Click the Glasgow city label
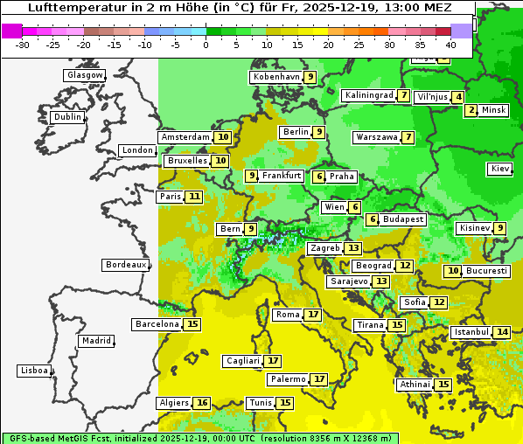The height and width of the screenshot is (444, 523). click(x=85, y=75)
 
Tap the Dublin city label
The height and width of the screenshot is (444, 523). click(x=67, y=117)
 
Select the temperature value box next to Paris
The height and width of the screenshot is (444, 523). click(x=193, y=197)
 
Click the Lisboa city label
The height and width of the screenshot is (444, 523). click(x=34, y=371)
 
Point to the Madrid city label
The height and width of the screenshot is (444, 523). click(x=95, y=341)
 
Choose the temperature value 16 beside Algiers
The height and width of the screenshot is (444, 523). click(x=203, y=403)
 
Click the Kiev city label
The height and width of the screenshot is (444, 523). click(x=500, y=169)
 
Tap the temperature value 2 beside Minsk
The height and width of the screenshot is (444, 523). click(x=471, y=110)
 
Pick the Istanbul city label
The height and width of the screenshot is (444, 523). click(x=471, y=332)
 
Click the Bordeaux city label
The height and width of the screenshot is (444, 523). click(x=126, y=265)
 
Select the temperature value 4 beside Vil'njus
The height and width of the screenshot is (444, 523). click(x=458, y=96)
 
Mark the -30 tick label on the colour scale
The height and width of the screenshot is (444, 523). click(x=23, y=44)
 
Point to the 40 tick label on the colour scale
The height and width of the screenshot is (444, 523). click(x=450, y=44)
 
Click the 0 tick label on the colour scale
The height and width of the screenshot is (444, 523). click(x=206, y=44)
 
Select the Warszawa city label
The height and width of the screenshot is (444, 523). click(x=376, y=137)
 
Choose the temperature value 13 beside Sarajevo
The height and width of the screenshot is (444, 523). click(x=380, y=281)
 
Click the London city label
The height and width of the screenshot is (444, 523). click(x=137, y=150)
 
